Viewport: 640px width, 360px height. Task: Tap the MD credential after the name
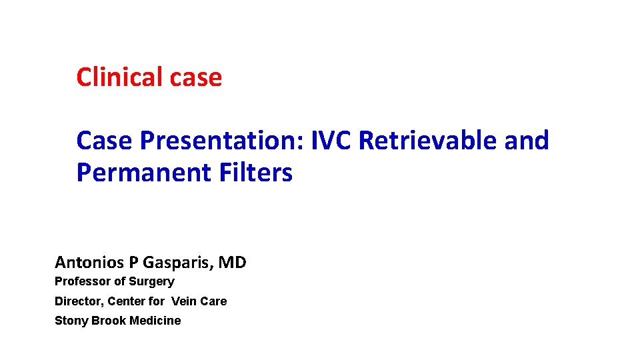pos(232,263)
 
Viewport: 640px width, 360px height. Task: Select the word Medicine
pos(155,321)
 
